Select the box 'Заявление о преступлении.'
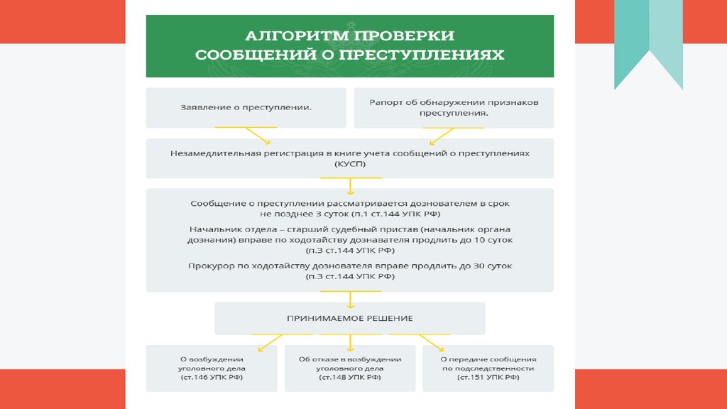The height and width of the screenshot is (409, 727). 246,107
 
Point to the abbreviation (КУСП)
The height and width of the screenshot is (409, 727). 350,164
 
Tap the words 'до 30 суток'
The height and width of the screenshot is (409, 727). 486,266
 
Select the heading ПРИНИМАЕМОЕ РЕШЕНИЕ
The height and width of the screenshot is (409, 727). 350,319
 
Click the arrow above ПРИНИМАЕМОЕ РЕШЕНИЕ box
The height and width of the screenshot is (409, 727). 350,297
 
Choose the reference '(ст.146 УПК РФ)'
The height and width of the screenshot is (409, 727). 211,379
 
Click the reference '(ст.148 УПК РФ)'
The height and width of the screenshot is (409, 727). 350,379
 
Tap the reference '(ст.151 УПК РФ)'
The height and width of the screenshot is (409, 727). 489,379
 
